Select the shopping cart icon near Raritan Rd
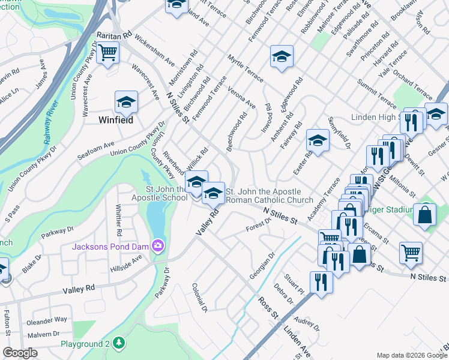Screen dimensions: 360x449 tap(108, 52)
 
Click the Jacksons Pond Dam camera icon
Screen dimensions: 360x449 tap(158, 245)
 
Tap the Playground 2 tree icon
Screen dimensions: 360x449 tap(120, 343)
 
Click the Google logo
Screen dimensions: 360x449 tap(20, 353)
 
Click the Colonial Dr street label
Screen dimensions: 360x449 tap(199, 298)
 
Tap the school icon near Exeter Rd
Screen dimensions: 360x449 tap(318, 141)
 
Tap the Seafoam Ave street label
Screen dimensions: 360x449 tap(95, 151)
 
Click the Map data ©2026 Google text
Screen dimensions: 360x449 tap(411, 355)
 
